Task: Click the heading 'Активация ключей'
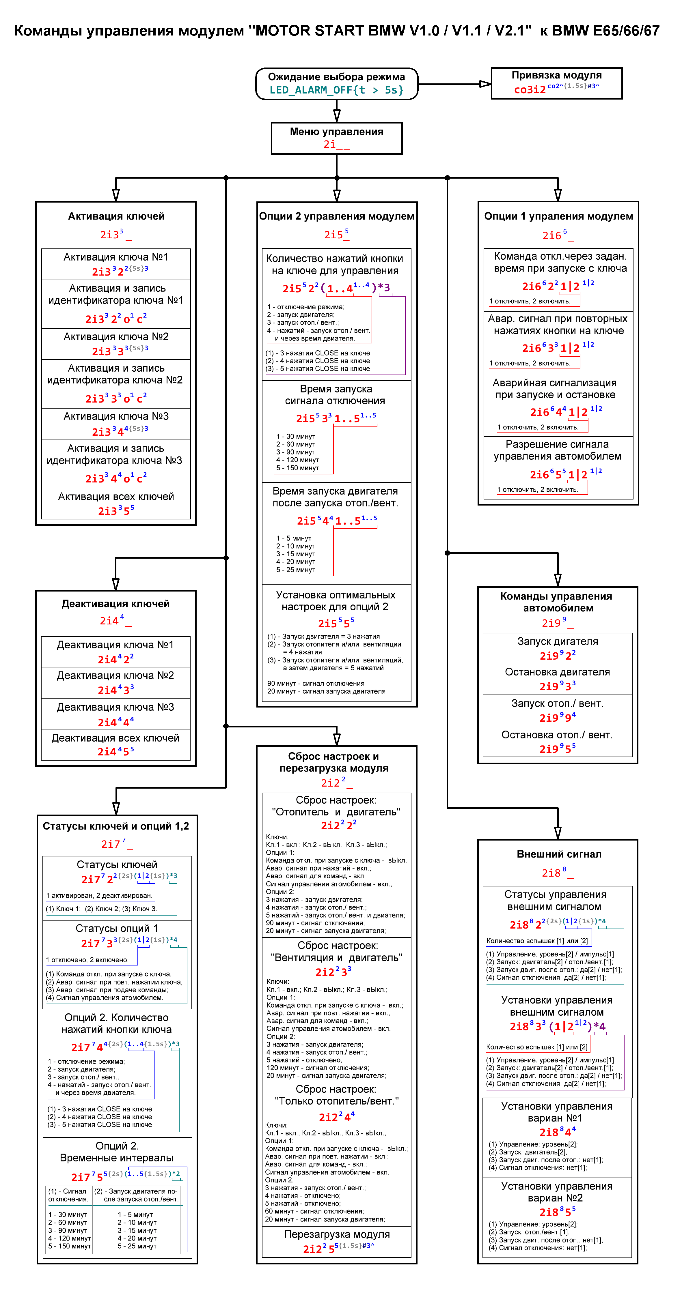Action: [116, 216]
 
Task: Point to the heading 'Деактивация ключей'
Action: [116, 604]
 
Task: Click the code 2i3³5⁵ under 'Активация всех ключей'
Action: [116, 510]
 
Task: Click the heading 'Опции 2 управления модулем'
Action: [336, 216]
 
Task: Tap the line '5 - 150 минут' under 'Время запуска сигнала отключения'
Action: [297, 467]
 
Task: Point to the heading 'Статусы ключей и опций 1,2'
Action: [116, 826]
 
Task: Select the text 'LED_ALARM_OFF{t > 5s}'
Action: [336, 90]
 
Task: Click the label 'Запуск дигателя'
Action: [558, 641]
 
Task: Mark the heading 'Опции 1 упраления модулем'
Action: [558, 216]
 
